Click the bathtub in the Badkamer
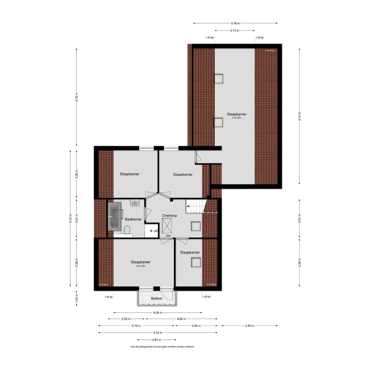(x=115, y=216)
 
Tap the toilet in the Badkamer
(x=127, y=230)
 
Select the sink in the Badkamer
(x=135, y=203)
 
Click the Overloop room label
(x=170, y=216)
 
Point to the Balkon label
(x=157, y=298)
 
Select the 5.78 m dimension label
(x=235, y=23)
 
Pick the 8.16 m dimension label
(x=158, y=333)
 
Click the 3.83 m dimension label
(x=249, y=326)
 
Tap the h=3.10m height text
(x=236, y=118)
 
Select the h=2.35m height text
(x=141, y=266)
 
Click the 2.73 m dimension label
(x=235, y=31)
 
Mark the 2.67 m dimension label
(x=157, y=340)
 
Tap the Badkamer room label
(x=133, y=219)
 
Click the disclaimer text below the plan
(x=162, y=347)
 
